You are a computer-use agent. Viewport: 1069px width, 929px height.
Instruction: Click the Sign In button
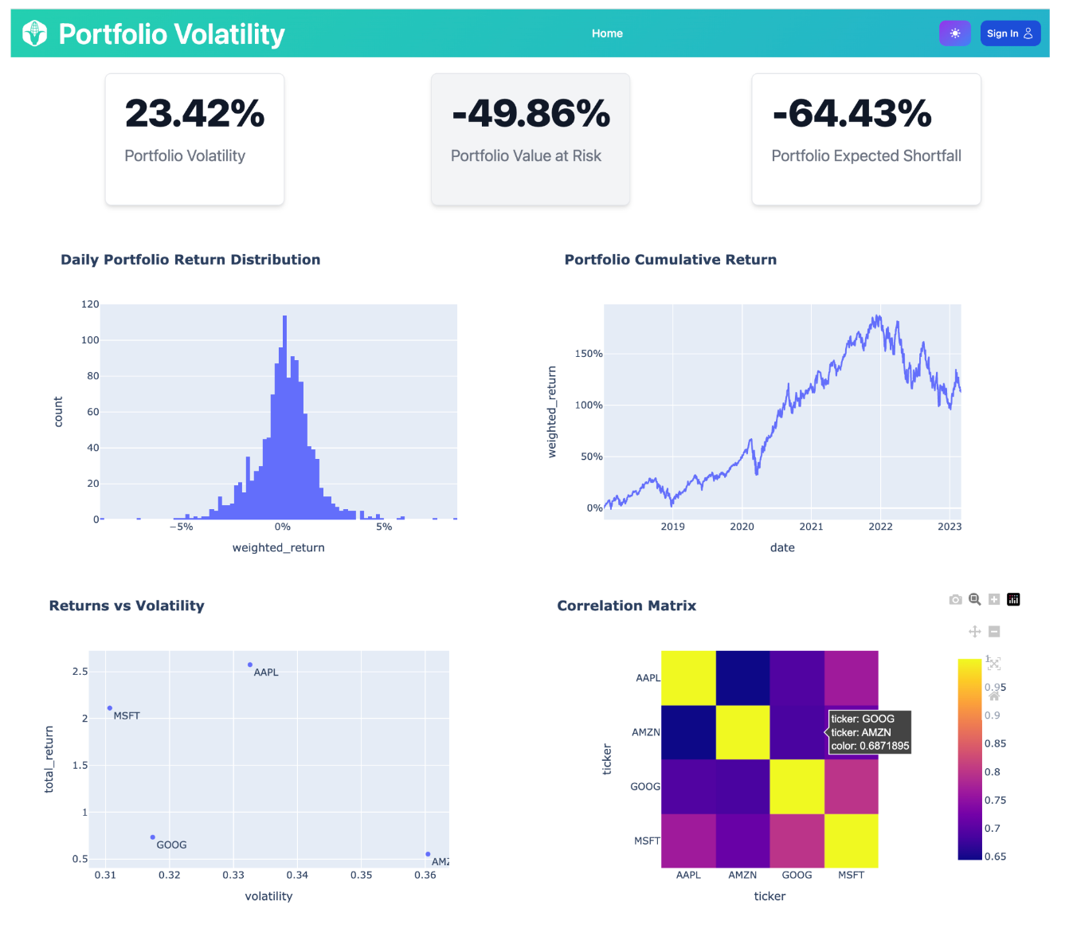1009,33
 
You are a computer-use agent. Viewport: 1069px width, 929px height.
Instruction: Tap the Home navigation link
607,33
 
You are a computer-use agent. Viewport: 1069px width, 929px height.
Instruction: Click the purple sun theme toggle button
954,33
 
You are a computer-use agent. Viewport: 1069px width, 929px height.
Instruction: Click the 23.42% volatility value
194,113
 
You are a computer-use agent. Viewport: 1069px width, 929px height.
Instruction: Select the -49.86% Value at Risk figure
531,113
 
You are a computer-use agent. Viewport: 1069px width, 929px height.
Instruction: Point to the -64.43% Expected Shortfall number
852,113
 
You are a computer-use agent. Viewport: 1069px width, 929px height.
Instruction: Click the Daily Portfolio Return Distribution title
190,260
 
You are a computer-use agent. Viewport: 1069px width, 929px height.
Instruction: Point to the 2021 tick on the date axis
811,527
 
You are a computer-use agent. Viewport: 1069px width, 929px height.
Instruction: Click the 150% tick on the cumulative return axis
589,354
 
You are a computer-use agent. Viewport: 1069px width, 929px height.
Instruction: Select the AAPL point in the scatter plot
250,664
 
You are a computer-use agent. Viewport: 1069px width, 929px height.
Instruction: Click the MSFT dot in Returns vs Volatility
110,708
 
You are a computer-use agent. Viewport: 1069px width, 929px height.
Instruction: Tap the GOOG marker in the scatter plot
153,837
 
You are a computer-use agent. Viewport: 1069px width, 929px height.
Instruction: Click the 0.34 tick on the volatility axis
297,875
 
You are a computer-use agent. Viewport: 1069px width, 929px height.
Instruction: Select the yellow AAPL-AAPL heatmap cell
688,678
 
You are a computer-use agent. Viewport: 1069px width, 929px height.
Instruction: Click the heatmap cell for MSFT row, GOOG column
797,841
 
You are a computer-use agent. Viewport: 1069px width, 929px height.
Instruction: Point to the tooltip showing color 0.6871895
869,732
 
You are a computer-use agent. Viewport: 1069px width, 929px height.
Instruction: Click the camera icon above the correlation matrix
955,600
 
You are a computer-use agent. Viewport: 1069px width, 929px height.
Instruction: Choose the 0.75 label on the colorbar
995,800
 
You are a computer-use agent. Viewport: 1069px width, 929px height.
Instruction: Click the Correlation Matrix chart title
626,606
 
